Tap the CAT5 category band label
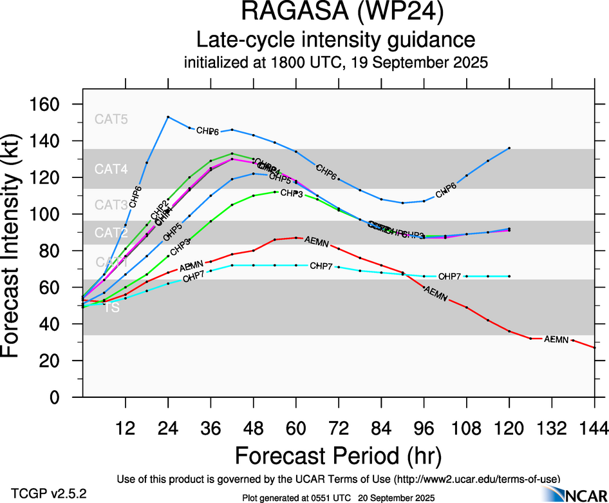(111, 119)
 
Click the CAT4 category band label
(111, 170)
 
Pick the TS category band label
(112, 308)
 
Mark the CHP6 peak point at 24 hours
(168, 117)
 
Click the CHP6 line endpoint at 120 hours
(509, 148)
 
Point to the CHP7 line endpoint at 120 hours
(509, 276)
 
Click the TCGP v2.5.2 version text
(48, 493)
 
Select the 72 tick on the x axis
(339, 429)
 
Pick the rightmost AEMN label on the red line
(556, 339)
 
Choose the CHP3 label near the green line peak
(292, 193)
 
